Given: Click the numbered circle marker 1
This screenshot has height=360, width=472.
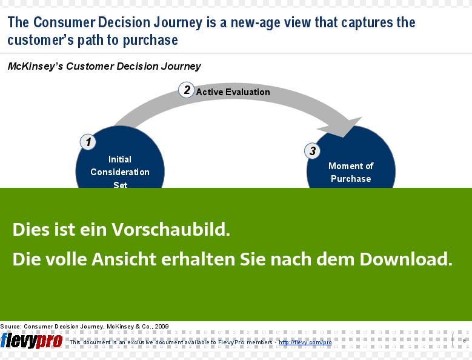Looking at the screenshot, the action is point(88,142).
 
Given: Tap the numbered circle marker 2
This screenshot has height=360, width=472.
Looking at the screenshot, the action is point(187,90).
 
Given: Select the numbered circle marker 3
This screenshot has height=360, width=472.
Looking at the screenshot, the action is point(313,151).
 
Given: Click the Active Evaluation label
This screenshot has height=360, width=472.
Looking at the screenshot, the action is point(233,92).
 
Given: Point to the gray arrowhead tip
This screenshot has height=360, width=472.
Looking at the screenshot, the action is point(343,137).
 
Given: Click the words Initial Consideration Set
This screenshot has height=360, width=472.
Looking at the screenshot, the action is point(120,172).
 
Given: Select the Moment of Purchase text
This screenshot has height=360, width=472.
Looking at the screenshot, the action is point(351,172).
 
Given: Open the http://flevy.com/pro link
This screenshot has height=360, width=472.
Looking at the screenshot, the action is point(305,342).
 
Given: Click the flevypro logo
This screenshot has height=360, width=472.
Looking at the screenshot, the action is point(32,341).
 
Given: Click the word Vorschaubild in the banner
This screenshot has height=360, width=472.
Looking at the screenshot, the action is point(171,229).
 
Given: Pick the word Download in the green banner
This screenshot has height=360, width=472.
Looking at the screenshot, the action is point(406,259).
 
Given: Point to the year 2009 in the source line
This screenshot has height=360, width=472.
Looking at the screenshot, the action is point(162,327).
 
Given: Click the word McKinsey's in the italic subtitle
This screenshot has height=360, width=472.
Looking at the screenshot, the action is point(36,66).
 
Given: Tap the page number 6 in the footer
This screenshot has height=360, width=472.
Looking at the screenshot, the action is point(465,341).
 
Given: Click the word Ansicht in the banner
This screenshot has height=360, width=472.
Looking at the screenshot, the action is point(124,259).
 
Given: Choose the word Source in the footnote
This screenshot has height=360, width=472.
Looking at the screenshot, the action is point(10,327).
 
